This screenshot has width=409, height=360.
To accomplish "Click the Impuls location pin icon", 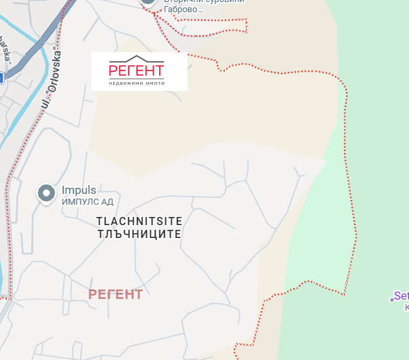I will pos(46,193).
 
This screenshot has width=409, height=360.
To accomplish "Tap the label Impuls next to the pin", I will pos(79,191).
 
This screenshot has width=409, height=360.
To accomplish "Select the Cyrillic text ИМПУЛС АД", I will pos(87,201).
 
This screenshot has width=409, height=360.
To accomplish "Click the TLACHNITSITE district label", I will pos(139,221).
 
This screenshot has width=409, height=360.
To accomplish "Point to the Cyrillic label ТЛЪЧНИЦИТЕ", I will pos(139,233).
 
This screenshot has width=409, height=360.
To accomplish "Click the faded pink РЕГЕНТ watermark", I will pos(116,294).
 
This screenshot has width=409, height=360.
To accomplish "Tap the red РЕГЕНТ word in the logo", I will pos(136,71).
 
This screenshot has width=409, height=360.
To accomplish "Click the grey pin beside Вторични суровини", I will pos(149,3).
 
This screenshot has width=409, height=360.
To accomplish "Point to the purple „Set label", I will pos(400,296).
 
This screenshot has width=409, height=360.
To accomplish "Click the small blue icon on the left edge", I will pos(1,77).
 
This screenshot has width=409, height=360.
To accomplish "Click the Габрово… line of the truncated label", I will pos(184,10).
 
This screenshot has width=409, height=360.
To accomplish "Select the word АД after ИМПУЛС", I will pos(107,201).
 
